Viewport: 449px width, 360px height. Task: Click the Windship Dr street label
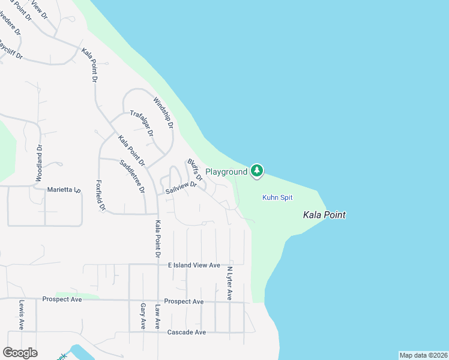163,113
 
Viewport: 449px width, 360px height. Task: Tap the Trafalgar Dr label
142,123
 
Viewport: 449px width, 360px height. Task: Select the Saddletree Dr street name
132,176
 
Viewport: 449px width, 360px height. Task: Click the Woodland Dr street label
40,163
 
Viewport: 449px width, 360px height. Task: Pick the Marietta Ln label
64,190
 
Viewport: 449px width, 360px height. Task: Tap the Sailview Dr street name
181,188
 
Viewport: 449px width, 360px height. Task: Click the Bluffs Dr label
194,169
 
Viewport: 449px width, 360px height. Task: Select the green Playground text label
226,172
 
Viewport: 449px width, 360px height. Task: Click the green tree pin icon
257,171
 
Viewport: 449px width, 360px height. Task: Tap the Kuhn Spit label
277,197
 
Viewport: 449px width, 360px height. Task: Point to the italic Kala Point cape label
324,215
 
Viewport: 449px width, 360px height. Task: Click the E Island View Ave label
194,265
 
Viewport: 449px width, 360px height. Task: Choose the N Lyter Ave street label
229,283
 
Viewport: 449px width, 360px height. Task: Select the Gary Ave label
143,316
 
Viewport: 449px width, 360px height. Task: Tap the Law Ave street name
158,316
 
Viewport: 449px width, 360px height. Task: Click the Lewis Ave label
21,315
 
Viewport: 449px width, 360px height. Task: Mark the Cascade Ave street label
187,332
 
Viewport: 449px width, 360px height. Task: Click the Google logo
20,353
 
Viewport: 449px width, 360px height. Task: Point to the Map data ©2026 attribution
423,355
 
